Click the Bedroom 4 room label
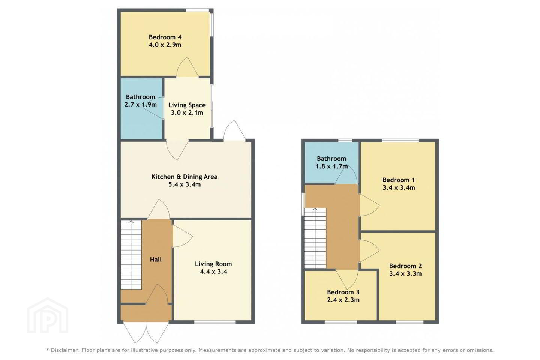[x=165, y=37]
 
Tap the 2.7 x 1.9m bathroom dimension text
[x=141, y=104]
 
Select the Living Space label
[x=187, y=105]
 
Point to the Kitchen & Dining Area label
[x=184, y=177]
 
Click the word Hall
[x=156, y=259]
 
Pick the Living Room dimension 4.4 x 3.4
[x=214, y=271]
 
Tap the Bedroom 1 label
[x=399, y=180]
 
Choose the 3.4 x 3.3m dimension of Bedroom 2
[x=405, y=273]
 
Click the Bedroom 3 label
[x=343, y=292]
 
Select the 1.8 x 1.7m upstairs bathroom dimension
[x=332, y=166]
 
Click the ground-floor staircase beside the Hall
[x=131, y=255]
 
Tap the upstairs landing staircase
[x=315, y=238]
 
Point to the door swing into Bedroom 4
[x=188, y=67]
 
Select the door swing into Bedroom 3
[x=347, y=279]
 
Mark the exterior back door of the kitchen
[x=235, y=130]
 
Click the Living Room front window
[x=215, y=322]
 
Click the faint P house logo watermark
[x=48, y=316]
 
